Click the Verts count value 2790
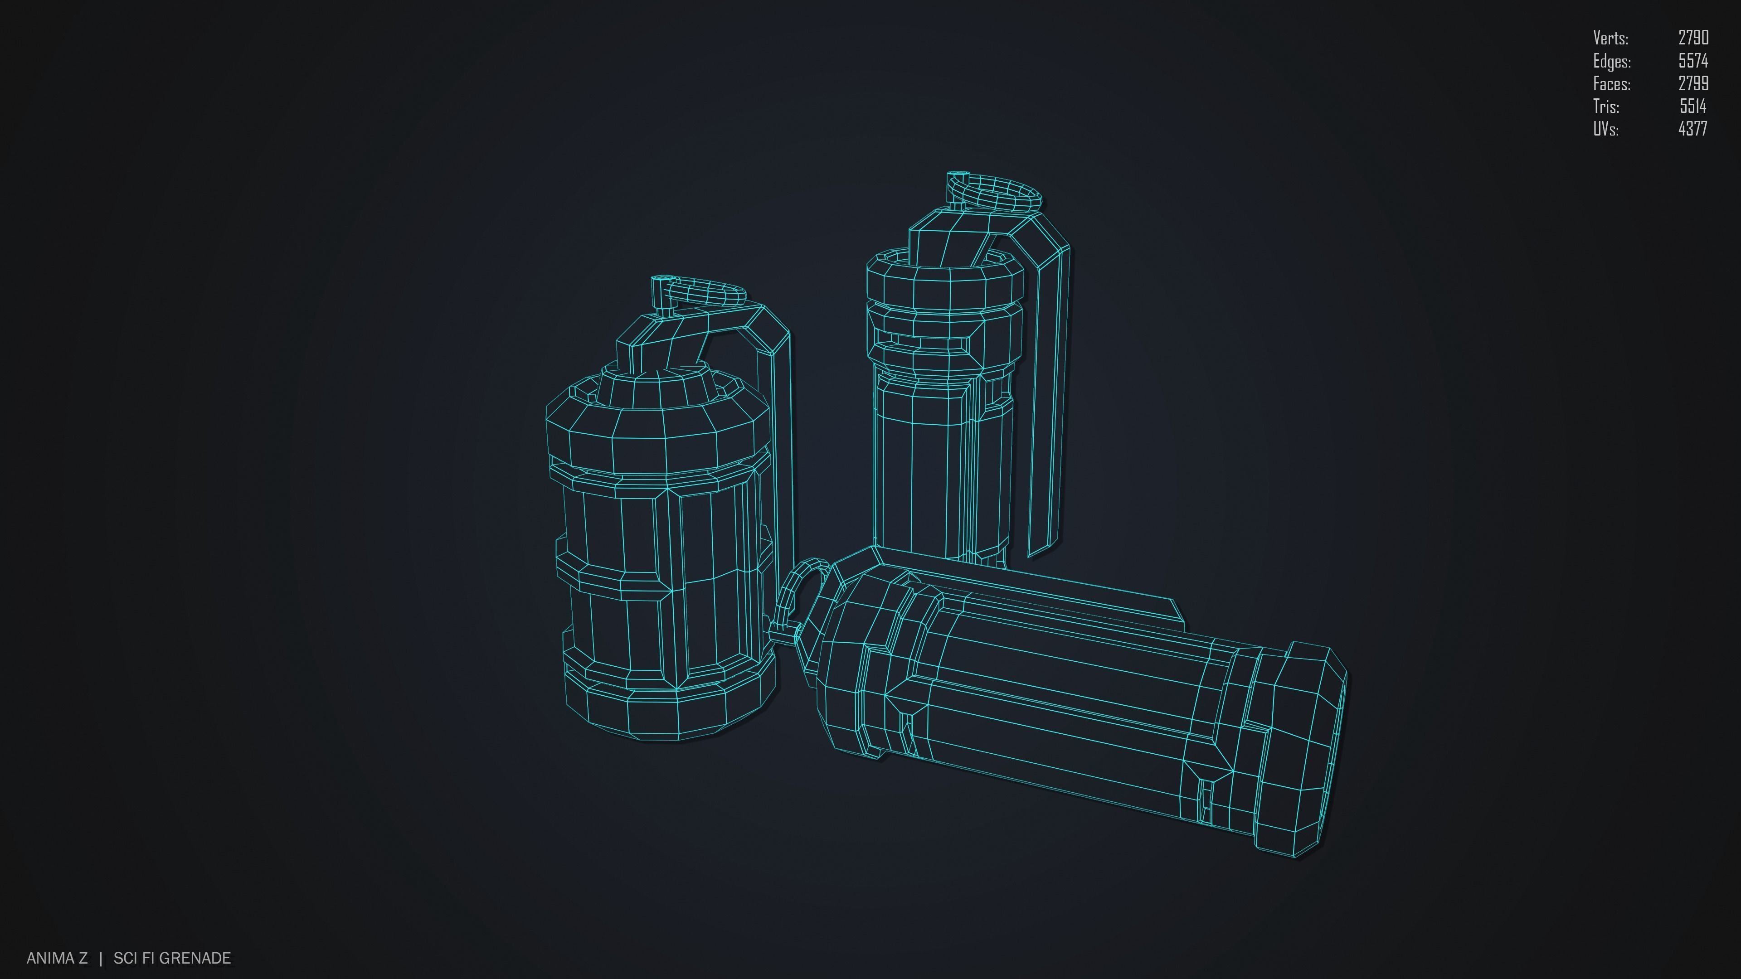1693,38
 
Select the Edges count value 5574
1693,61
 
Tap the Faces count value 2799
1693,84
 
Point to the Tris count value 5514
1693,106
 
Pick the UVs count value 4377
1693,129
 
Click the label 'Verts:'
1610,38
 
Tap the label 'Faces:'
1612,84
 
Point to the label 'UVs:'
1606,129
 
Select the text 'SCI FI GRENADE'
172,958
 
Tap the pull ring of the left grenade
706,292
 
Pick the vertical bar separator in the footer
101,958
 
